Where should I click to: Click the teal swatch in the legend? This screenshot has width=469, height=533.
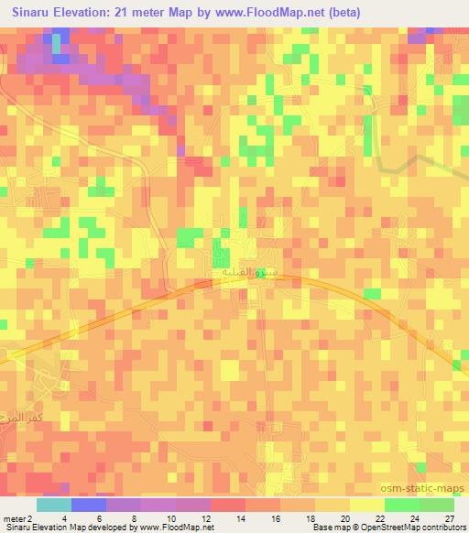(x=54, y=505)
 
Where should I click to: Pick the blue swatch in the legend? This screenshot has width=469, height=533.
(x=89, y=505)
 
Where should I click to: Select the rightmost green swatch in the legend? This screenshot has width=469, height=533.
(x=437, y=505)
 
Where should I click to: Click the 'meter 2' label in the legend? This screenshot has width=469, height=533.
(x=16, y=517)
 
